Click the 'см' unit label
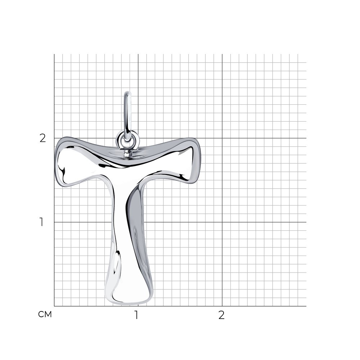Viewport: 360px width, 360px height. pos(45,314)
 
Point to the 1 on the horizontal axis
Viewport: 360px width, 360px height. pos(136,315)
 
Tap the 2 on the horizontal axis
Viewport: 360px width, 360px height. pos(221,315)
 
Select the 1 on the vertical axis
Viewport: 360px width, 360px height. pos(41,222)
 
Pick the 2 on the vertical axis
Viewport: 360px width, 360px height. pos(43,138)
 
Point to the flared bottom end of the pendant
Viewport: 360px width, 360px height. pos(129,294)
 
